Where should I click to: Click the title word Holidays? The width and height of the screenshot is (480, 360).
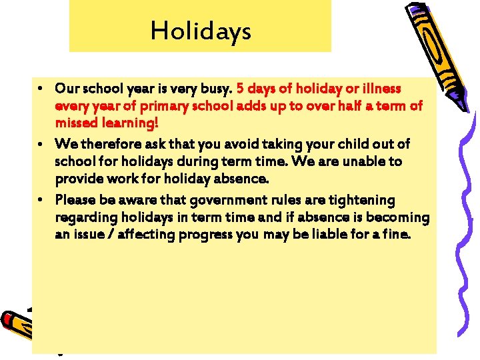tap(201, 31)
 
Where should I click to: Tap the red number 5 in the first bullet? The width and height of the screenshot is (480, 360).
tap(241, 88)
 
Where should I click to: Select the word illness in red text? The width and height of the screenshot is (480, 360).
tap(398, 88)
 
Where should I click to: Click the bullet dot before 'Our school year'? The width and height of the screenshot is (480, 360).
tap(41, 88)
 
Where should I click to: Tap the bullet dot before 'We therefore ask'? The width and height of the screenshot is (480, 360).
tap(41, 144)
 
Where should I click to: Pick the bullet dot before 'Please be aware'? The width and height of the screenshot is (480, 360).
tap(41, 200)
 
